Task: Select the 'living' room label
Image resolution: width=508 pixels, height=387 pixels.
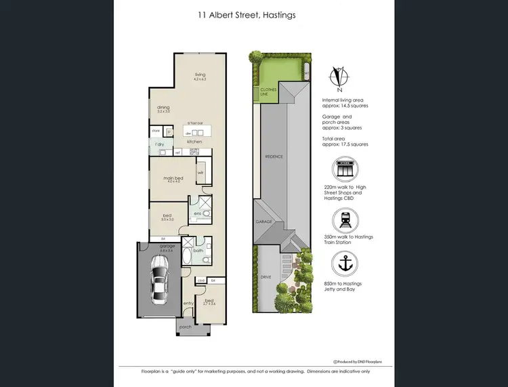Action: tap(200, 75)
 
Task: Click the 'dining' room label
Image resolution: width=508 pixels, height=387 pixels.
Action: tap(163, 106)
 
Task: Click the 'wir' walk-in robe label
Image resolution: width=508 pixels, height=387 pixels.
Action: tap(200, 173)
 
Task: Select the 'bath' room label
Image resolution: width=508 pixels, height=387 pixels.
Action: tap(197, 251)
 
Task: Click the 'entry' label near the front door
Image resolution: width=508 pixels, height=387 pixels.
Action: tap(188, 303)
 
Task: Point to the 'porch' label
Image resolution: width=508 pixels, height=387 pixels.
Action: tap(185, 327)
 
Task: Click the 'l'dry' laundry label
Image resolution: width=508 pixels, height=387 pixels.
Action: tap(160, 144)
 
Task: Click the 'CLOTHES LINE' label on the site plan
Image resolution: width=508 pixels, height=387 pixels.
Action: tap(264, 93)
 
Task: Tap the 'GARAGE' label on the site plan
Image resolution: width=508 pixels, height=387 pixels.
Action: tap(263, 222)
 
